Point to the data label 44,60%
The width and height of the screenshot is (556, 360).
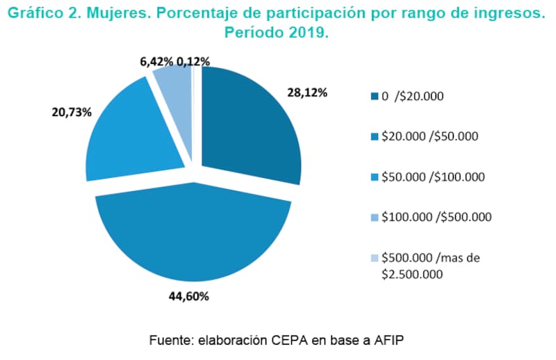pyautogui.click(x=188, y=295)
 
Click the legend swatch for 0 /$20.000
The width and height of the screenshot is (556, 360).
pyautogui.click(x=375, y=96)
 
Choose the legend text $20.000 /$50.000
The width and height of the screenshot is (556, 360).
pyautogui.click(x=430, y=136)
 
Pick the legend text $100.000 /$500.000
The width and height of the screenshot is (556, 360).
pyautogui.click(x=436, y=217)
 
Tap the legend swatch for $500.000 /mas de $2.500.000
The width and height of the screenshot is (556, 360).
pyautogui.click(x=375, y=258)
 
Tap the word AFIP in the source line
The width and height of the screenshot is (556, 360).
pyautogui.click(x=386, y=341)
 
